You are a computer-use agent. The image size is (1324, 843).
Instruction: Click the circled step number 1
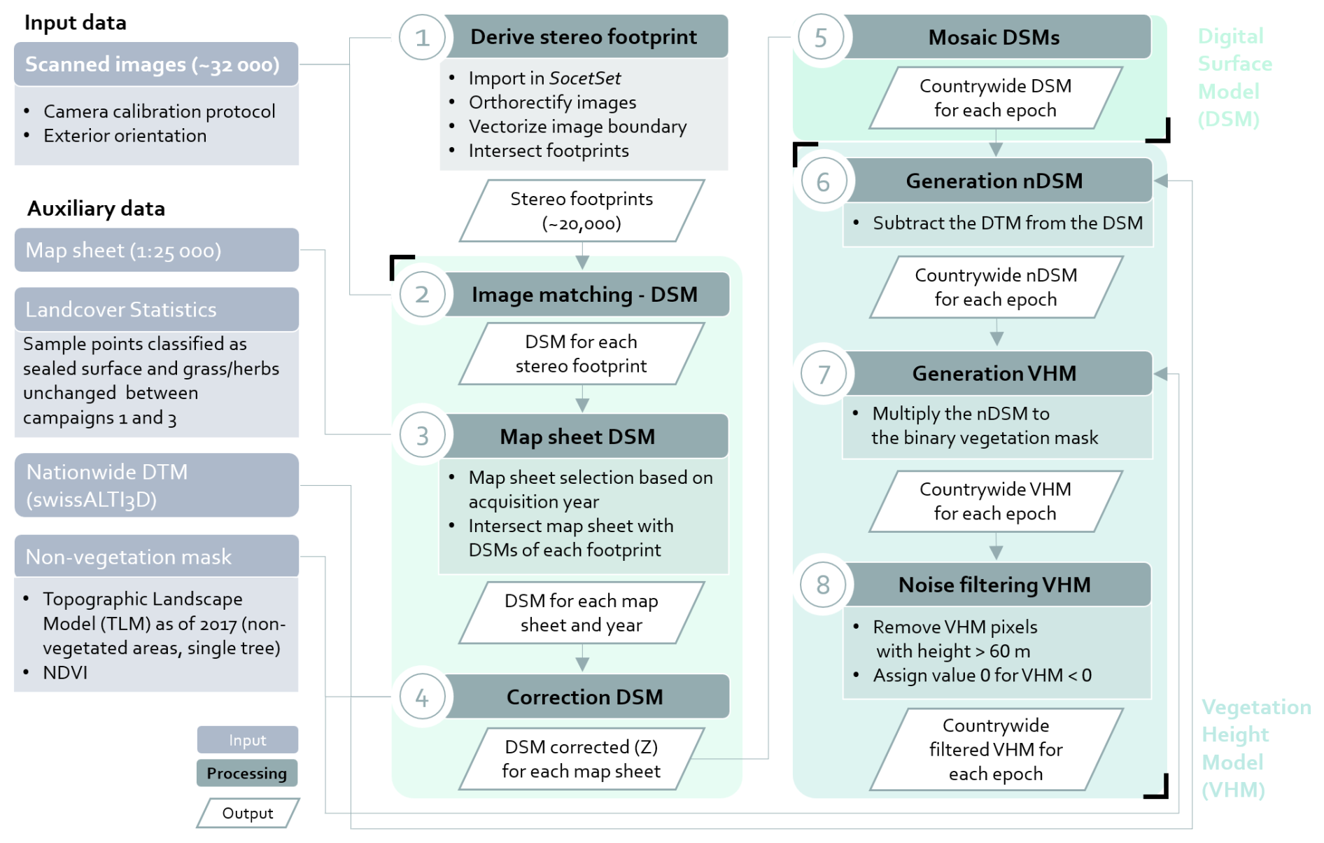point(422,38)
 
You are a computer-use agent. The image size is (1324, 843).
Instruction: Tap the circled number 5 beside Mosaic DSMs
point(821,38)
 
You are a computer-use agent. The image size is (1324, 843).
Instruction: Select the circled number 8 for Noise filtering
point(823,585)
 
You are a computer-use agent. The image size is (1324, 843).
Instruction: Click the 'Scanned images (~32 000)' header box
point(156,64)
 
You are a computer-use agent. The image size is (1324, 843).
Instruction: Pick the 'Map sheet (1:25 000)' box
point(156,250)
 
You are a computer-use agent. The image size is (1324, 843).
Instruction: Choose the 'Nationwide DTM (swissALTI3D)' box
point(156,485)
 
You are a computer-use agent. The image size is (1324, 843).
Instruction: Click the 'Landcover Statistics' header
point(156,309)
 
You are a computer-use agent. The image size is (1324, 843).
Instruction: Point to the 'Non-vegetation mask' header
point(156,557)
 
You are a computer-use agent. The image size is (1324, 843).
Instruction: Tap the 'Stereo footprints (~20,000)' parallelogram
point(582,211)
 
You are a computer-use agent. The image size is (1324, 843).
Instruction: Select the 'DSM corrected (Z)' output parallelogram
point(582,759)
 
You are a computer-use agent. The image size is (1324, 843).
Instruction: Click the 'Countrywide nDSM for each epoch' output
point(996,287)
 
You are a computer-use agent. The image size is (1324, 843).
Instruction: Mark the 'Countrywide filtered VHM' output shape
point(996,749)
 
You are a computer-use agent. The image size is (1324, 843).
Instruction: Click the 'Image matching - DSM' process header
point(585,295)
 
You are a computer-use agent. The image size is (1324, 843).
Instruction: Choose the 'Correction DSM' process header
point(585,697)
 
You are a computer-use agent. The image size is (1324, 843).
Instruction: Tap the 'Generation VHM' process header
point(994,373)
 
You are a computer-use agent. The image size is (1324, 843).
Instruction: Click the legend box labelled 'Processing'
point(247,773)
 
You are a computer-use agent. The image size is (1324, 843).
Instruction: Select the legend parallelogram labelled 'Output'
point(248,813)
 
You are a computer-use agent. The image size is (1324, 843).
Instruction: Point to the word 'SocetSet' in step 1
point(584,78)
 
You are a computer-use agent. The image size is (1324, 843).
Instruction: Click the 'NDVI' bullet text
point(65,672)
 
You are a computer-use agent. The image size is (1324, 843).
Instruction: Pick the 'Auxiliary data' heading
point(96,209)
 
